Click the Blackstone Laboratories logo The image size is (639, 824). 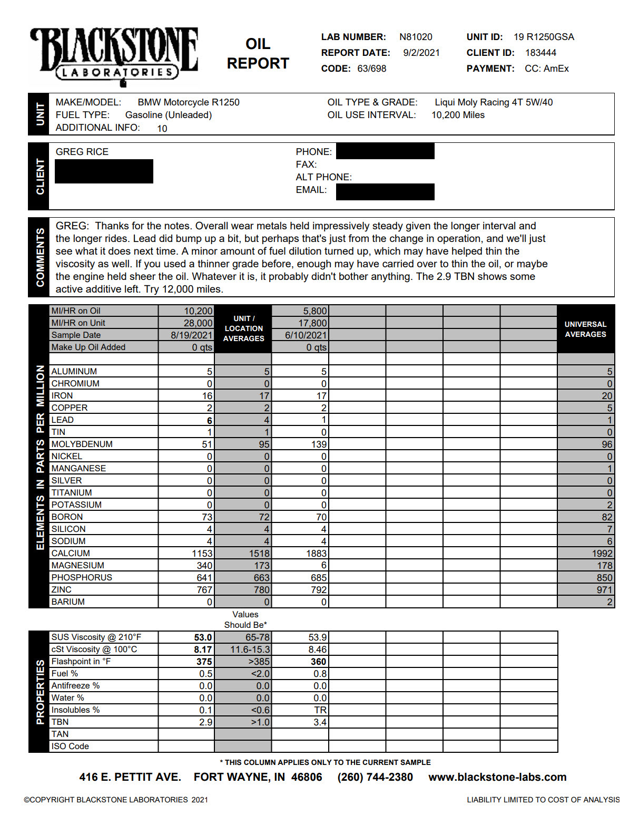114,56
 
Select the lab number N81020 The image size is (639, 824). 416,37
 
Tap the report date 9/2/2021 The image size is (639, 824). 421,53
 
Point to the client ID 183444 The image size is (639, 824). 540,53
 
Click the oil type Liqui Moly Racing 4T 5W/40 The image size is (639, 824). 493,102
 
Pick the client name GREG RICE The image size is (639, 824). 82,152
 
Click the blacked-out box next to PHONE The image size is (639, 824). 385,151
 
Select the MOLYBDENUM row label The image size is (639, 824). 82,444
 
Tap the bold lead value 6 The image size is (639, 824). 209,421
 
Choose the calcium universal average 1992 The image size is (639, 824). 602,554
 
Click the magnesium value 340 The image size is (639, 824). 204,566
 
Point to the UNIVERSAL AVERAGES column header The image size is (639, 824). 585,329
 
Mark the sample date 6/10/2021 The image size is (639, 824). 306,335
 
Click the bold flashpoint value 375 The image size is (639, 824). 204,662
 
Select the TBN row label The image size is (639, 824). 60,722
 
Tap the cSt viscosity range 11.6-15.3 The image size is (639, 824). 250,649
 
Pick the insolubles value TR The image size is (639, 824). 320,710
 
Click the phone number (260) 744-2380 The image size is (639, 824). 375,777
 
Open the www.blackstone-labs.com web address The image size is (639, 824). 497,777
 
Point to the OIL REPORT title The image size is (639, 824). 258,53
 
